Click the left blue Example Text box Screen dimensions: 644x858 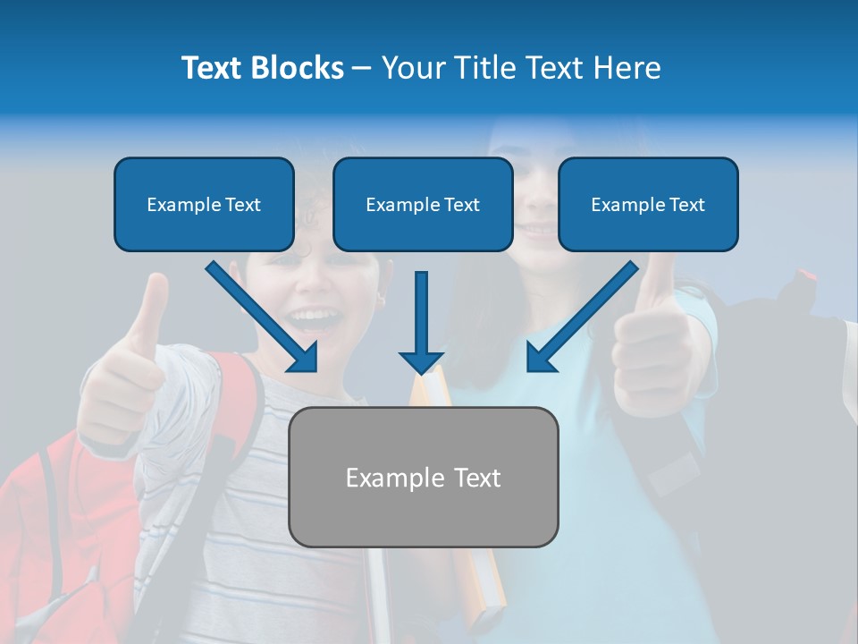pos(204,204)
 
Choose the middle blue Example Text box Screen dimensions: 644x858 pos(423,204)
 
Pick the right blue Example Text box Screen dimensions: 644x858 pos(648,204)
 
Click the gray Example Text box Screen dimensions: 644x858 pos(424,477)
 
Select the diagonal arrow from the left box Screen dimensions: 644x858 pos(262,317)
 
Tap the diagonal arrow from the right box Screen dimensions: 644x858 pos(583,317)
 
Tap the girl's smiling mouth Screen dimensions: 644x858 pos(537,232)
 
